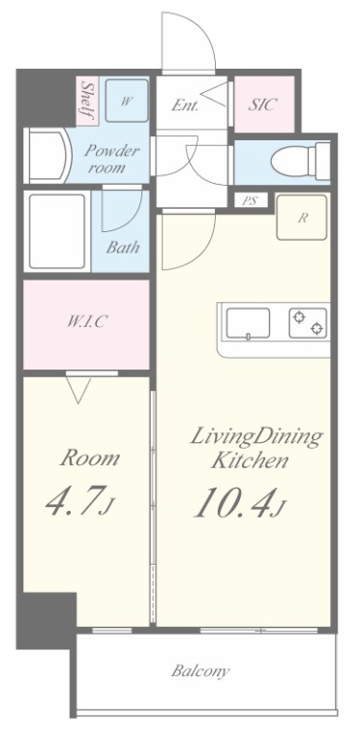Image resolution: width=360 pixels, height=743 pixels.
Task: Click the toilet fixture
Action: [x=301, y=162]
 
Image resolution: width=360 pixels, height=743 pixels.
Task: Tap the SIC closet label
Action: [x=262, y=104]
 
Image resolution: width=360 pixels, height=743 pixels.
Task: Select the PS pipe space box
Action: [x=251, y=200]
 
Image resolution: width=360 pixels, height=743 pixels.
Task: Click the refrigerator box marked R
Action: [x=302, y=218]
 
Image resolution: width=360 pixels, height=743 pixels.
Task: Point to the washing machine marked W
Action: [x=127, y=101]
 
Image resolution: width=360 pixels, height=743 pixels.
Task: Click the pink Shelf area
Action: [x=87, y=102]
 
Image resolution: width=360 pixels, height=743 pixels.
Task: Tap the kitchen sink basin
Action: [x=248, y=323]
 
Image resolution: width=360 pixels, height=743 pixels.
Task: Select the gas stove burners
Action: [x=308, y=323]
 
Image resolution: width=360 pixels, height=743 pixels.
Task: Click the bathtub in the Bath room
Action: [x=57, y=231]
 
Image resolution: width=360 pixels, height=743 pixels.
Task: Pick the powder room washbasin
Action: [x=47, y=156]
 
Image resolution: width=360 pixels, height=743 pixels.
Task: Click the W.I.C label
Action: [x=86, y=322]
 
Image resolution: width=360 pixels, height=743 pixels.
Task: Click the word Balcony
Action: [x=200, y=670]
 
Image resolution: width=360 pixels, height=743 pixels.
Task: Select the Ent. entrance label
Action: [x=185, y=104]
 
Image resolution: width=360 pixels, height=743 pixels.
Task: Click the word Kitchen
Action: [x=250, y=461]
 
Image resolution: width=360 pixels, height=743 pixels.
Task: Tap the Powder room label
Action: [x=112, y=160]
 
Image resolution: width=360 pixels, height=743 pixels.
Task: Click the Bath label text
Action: [x=123, y=248]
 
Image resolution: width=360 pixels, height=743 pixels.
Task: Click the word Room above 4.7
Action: [x=90, y=459]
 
